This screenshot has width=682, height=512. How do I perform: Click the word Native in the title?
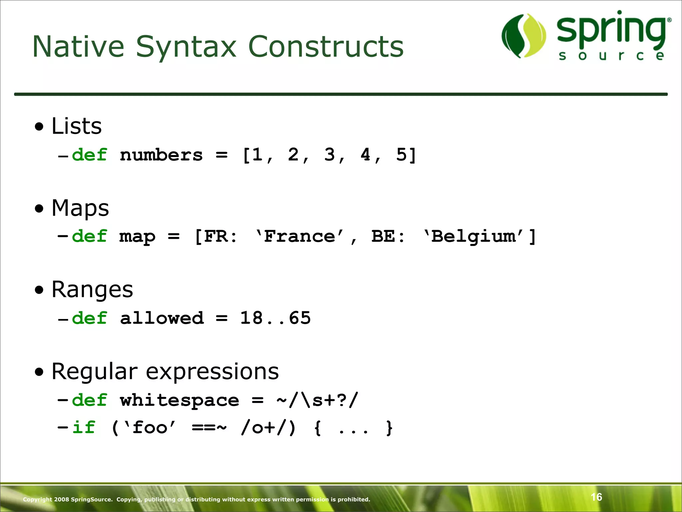tap(78, 47)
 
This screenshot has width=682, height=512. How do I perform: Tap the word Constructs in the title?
tap(326, 47)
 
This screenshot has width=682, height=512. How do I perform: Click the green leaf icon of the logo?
tap(524, 36)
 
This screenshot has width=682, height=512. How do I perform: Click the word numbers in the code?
tap(161, 155)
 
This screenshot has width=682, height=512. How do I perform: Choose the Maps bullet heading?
tap(80, 208)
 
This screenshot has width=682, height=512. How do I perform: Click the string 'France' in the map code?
tap(299, 236)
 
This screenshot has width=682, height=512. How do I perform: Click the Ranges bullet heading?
tap(92, 289)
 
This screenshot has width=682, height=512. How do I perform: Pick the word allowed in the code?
tap(162, 318)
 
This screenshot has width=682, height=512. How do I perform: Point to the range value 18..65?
tap(275, 318)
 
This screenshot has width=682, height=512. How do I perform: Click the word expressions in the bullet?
tap(212, 371)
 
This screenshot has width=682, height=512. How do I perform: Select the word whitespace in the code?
tap(179, 400)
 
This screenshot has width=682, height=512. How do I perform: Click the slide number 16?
tap(596, 497)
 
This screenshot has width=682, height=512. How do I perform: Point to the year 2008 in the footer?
tap(61, 499)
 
